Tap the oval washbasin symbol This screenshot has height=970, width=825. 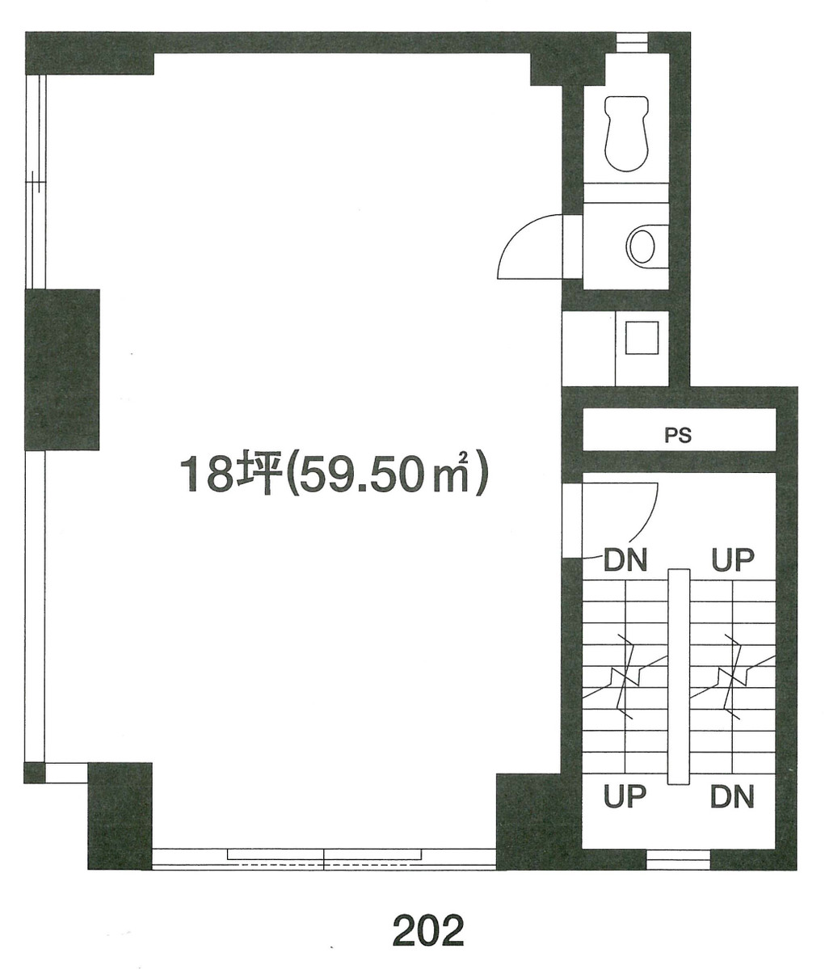(x=642, y=246)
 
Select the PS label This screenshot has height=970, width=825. (x=678, y=435)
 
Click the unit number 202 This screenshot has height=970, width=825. (x=428, y=930)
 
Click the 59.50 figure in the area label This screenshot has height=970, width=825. (x=356, y=474)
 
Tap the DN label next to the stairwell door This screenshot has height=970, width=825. (x=626, y=560)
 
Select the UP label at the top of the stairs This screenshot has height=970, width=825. (x=732, y=559)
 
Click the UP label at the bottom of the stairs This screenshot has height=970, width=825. (x=626, y=798)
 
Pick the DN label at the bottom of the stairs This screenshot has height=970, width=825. (x=732, y=798)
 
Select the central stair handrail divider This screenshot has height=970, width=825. (x=679, y=676)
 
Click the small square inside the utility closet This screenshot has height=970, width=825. (x=643, y=338)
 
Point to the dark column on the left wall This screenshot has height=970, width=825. (x=62, y=369)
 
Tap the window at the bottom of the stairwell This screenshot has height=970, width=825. (x=678, y=859)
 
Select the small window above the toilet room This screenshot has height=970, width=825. (x=632, y=41)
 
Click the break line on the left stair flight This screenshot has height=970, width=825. (x=625, y=676)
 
